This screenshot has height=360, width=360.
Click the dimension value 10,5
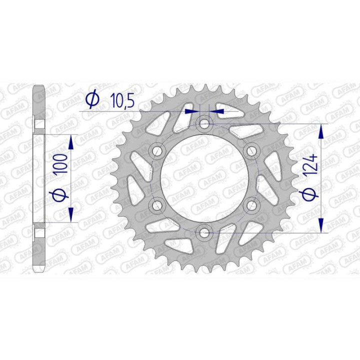(122, 100)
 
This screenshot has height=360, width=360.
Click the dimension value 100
(61, 163)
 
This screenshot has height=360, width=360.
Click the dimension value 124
(311, 166)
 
